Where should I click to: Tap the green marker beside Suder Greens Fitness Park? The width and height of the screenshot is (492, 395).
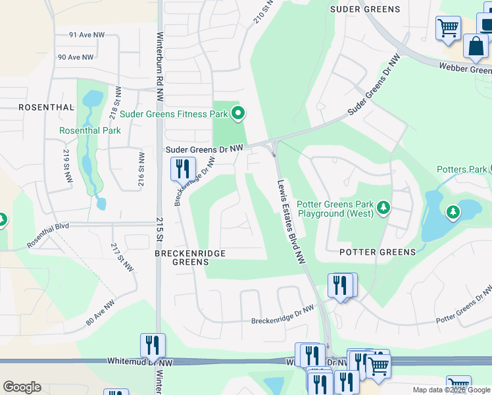click(238, 114)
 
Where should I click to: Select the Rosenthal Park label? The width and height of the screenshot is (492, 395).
click(90, 130)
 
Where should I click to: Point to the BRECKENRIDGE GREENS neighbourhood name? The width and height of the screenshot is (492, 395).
click(190, 257)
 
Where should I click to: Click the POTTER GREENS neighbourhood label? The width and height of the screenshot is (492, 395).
click(378, 252)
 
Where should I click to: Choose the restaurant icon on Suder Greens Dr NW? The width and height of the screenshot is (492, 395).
click(183, 169)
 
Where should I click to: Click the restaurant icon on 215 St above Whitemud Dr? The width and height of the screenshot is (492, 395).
click(153, 345)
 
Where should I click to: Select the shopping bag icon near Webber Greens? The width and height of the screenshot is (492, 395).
click(475, 47)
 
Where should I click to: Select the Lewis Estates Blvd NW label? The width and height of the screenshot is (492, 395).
click(291, 222)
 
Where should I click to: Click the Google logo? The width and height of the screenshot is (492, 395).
click(22, 387)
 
